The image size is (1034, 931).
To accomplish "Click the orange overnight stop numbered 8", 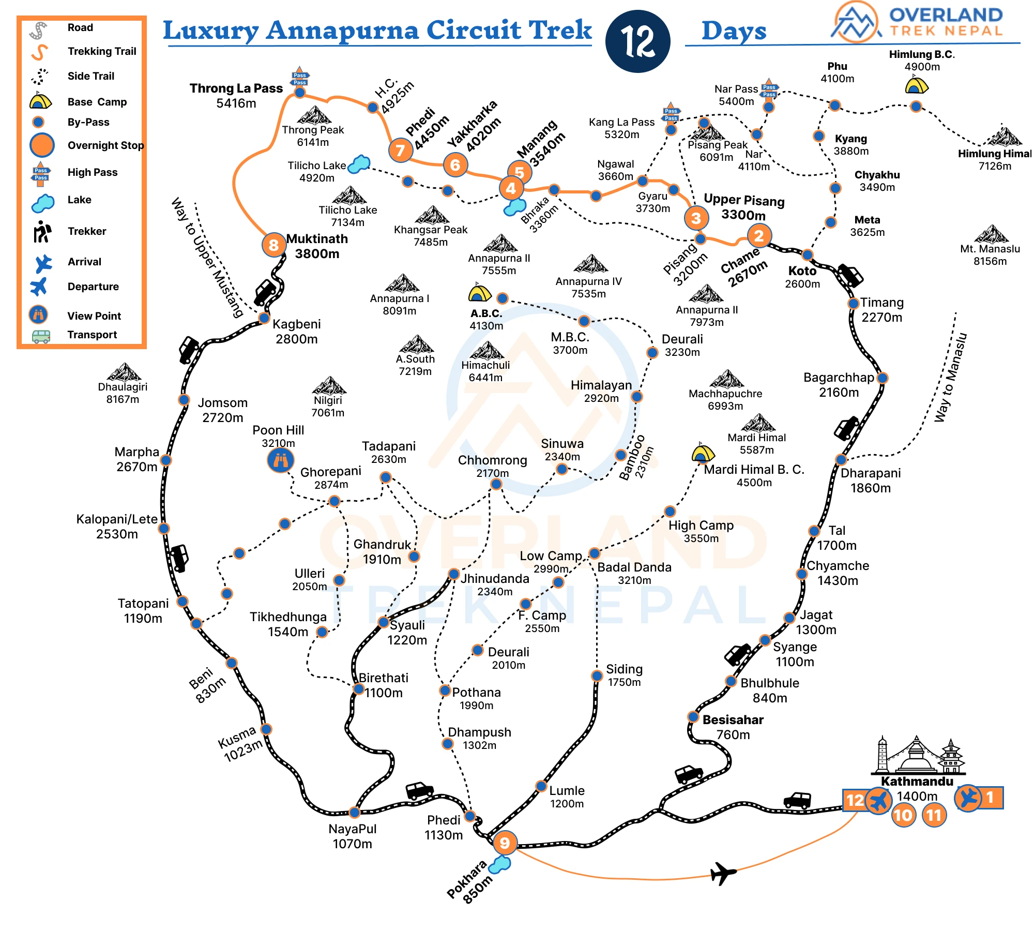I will (273, 245).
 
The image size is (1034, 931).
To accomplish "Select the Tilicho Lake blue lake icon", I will (359, 164).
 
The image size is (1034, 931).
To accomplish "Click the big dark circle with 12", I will (638, 41).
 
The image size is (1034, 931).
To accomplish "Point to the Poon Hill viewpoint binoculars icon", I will (281, 460).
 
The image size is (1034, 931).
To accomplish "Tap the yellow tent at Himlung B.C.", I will (917, 85).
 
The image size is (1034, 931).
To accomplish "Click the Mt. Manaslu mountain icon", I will (991, 234).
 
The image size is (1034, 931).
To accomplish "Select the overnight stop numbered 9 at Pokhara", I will (505, 843).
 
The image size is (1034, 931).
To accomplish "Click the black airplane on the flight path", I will (723, 873).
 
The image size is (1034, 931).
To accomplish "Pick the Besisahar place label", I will (733, 719).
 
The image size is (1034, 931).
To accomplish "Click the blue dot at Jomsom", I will (184, 399).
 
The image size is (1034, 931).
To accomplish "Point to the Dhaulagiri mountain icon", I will (124, 372).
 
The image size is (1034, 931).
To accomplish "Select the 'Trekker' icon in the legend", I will (42, 231).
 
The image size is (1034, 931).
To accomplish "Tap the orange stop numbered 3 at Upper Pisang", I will (696, 218).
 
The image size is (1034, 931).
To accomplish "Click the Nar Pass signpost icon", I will (769, 89).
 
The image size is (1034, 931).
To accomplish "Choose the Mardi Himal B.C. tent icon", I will (703, 453).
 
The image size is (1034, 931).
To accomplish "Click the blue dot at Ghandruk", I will (414, 557).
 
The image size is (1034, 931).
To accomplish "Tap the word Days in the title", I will (734, 31).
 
